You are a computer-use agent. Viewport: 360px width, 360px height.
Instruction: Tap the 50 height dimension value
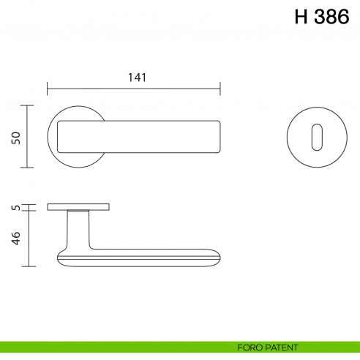[15, 137]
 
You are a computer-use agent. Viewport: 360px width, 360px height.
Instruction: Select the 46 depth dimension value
[15, 239]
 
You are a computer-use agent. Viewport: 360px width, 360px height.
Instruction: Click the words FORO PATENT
[268, 347]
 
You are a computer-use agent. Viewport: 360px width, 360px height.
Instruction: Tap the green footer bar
[110, 347]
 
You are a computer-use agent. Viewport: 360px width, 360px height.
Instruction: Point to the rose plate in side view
[78, 207]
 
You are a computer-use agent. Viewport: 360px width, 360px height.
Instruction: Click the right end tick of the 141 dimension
[220, 90]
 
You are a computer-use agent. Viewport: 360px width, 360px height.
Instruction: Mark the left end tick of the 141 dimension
[48, 90]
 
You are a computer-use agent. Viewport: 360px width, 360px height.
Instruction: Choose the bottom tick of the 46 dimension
[29, 266]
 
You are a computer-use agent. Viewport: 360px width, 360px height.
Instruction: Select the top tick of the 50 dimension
[29, 105]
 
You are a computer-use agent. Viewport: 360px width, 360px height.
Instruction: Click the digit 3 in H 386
[316, 17]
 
